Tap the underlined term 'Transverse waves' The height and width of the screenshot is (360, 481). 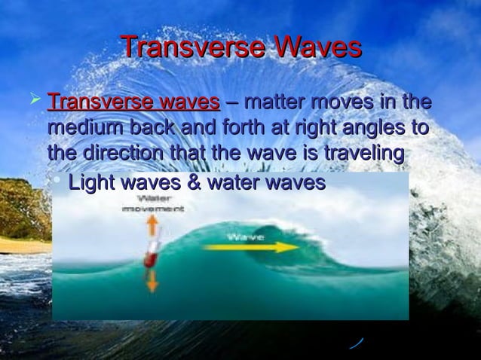133,102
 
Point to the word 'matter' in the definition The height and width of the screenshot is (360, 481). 277,102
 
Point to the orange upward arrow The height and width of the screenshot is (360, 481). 151,225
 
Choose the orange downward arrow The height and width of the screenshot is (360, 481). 152,281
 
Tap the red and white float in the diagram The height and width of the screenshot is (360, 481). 151,256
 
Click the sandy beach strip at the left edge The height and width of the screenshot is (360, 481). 23,246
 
